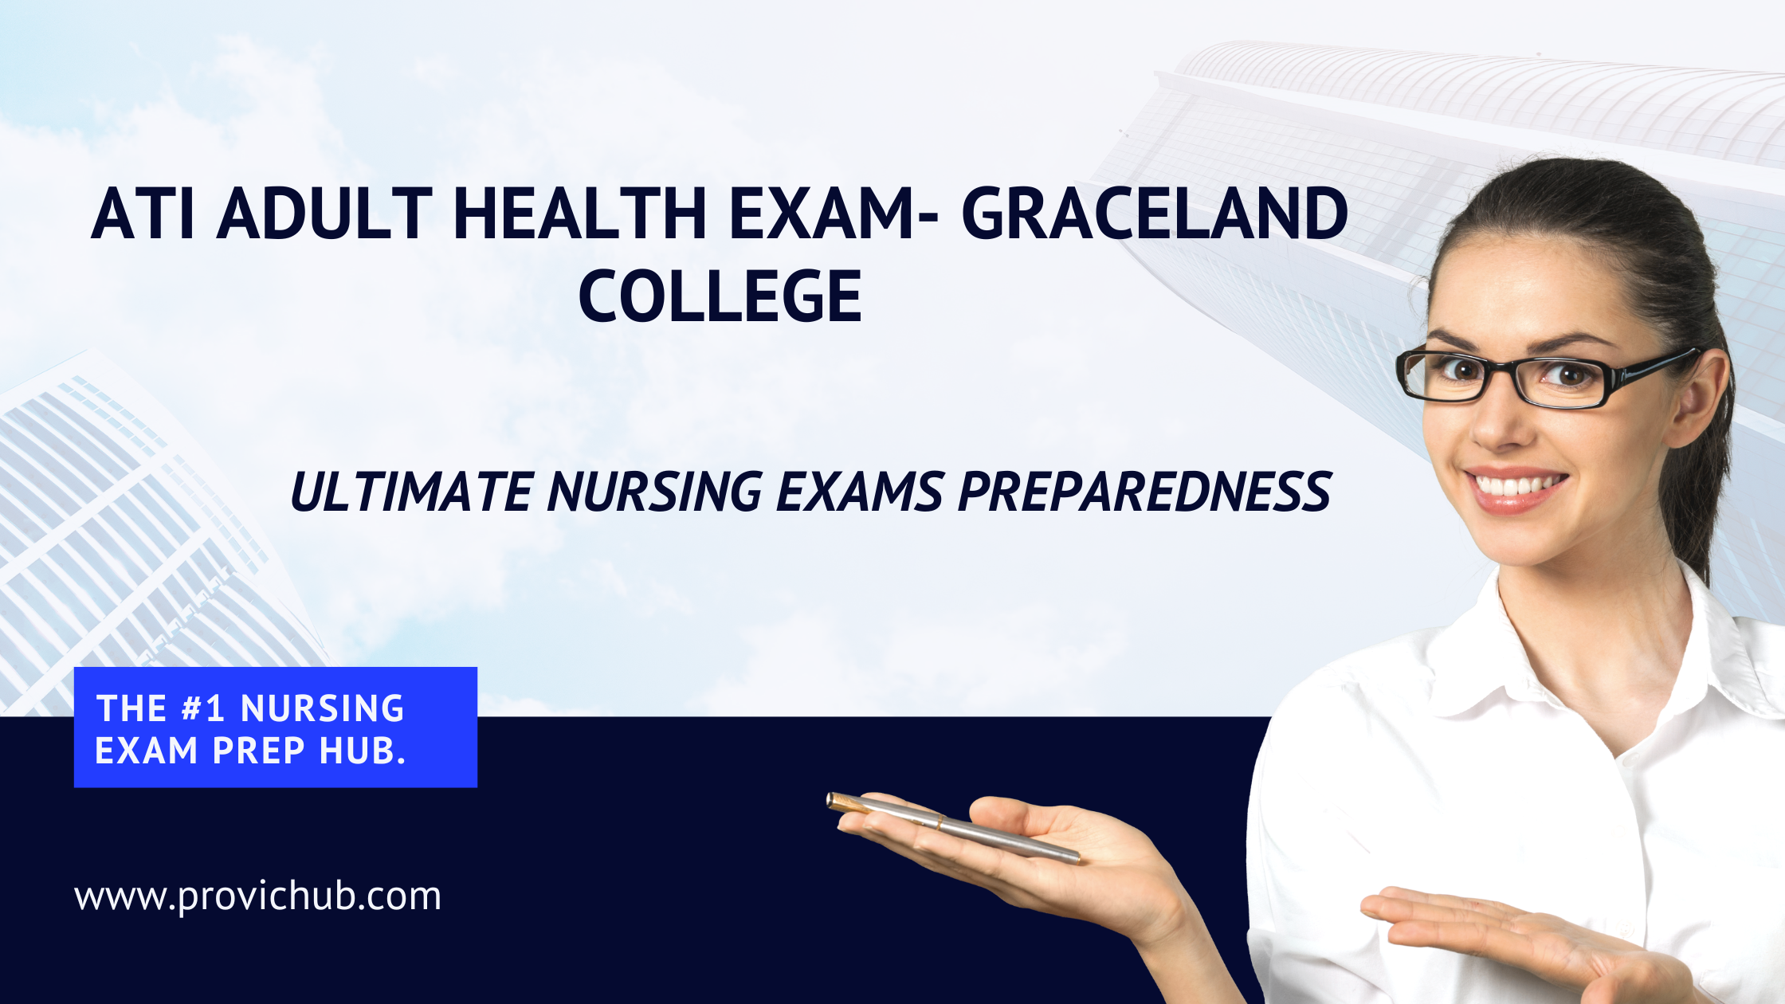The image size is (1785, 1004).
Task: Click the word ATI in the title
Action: tap(143, 213)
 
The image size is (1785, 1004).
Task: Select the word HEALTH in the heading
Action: tap(580, 213)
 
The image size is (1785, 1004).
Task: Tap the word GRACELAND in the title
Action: tap(1155, 213)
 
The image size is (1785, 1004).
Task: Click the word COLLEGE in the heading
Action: tap(720, 296)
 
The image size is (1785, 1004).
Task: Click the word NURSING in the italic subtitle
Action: tap(655, 491)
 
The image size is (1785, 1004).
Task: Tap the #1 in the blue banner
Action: tap(203, 708)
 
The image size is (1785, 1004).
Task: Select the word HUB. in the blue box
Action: tap(363, 751)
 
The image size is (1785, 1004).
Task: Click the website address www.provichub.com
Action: tap(257, 896)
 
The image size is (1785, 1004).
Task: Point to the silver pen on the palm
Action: tap(953, 828)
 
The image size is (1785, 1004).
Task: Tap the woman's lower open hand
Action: tap(1530, 940)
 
